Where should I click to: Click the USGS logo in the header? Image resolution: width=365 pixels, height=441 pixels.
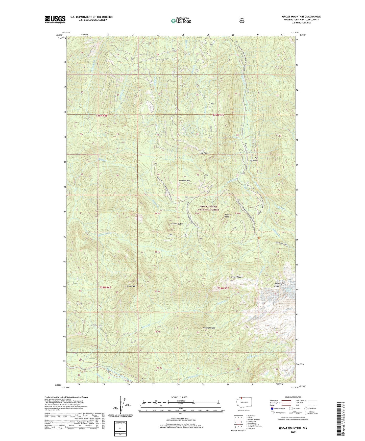pyautogui.click(x=55, y=19)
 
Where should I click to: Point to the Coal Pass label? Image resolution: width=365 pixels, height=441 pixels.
pyautogui.click(x=203, y=153)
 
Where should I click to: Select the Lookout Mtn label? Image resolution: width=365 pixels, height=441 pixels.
pyautogui.click(x=184, y=181)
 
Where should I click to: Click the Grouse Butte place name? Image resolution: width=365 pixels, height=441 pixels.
pyautogui.click(x=177, y=224)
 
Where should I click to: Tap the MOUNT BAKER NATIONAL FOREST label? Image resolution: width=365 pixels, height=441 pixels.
pyautogui.click(x=208, y=208)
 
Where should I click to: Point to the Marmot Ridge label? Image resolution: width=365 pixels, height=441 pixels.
pyautogui.click(x=209, y=328)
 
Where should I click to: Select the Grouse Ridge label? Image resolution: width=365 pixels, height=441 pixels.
pyautogui.click(x=236, y=277)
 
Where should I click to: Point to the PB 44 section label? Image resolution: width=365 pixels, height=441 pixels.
pyautogui.click(x=157, y=291)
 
